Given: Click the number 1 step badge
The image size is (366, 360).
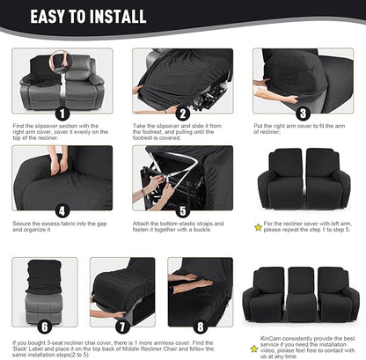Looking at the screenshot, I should tap(61, 114).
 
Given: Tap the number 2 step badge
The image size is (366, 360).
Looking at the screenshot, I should tap(182, 114).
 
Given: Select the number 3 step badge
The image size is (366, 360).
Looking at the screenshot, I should tap(303, 114).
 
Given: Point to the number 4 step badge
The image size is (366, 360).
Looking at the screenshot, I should tap(61, 211).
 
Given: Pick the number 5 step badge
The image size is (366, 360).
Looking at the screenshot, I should tap(182, 211).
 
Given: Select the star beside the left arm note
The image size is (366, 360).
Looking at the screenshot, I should tap(258, 226).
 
